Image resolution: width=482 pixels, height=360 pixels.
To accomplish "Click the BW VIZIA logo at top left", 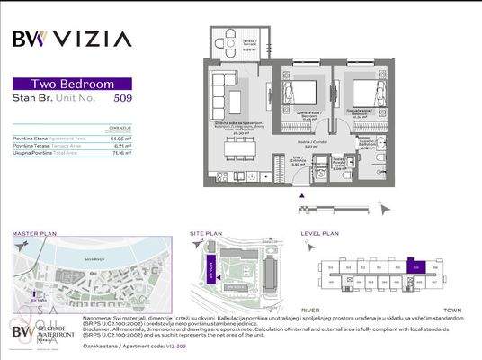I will tap(72, 39).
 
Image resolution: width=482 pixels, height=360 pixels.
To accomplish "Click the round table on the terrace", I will tap(230, 40).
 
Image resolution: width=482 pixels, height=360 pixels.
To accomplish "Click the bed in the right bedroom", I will tap(364, 92).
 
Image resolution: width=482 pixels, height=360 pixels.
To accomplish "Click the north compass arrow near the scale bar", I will tap(387, 209).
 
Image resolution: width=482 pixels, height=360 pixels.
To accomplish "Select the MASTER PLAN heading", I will tap(34, 233).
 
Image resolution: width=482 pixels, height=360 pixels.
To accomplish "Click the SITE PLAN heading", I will tap(205, 233).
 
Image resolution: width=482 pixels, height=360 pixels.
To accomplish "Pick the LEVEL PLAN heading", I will tap(320, 233).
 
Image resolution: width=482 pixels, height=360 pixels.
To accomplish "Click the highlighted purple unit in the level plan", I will tap(415, 265).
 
